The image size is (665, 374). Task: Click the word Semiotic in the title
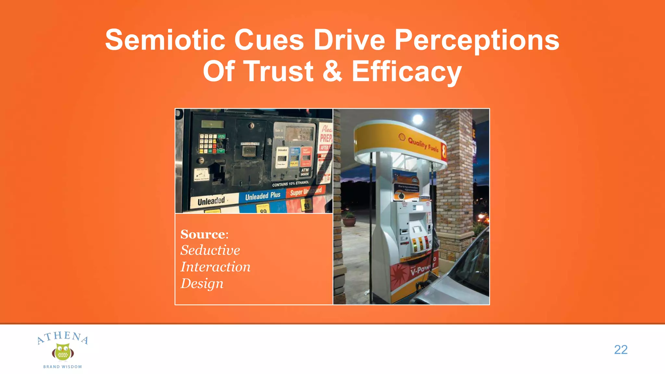point(165,40)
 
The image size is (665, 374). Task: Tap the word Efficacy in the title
point(407,72)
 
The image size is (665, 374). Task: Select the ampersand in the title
point(332,71)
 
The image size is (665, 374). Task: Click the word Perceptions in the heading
point(477,41)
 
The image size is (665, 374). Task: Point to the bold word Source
point(204,234)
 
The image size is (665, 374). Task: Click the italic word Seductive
point(210,250)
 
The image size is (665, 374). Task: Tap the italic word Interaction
point(215,267)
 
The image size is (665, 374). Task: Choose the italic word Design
point(202,283)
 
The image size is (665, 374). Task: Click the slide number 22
point(621,350)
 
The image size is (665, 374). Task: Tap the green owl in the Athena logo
point(63,352)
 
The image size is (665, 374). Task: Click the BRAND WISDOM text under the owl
point(63,367)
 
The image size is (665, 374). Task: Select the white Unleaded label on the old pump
point(211,201)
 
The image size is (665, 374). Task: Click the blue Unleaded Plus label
point(262,196)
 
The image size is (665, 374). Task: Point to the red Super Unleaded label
point(306,191)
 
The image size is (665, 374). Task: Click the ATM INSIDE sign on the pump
point(305,172)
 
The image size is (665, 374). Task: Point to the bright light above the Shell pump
point(417,119)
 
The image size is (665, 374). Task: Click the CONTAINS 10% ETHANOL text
point(290,184)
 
